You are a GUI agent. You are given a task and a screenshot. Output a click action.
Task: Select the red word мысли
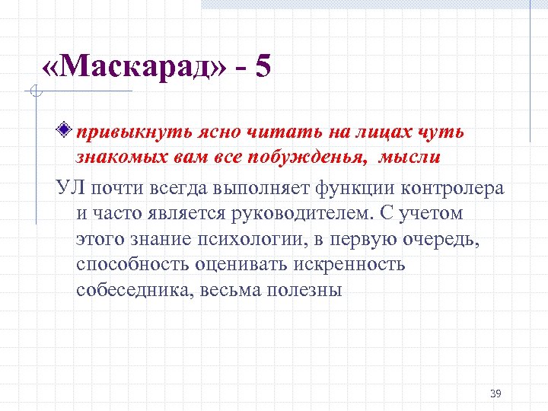point(409,158)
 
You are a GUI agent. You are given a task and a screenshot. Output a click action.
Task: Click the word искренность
point(343,265)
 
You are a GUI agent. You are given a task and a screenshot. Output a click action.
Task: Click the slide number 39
point(495,393)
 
